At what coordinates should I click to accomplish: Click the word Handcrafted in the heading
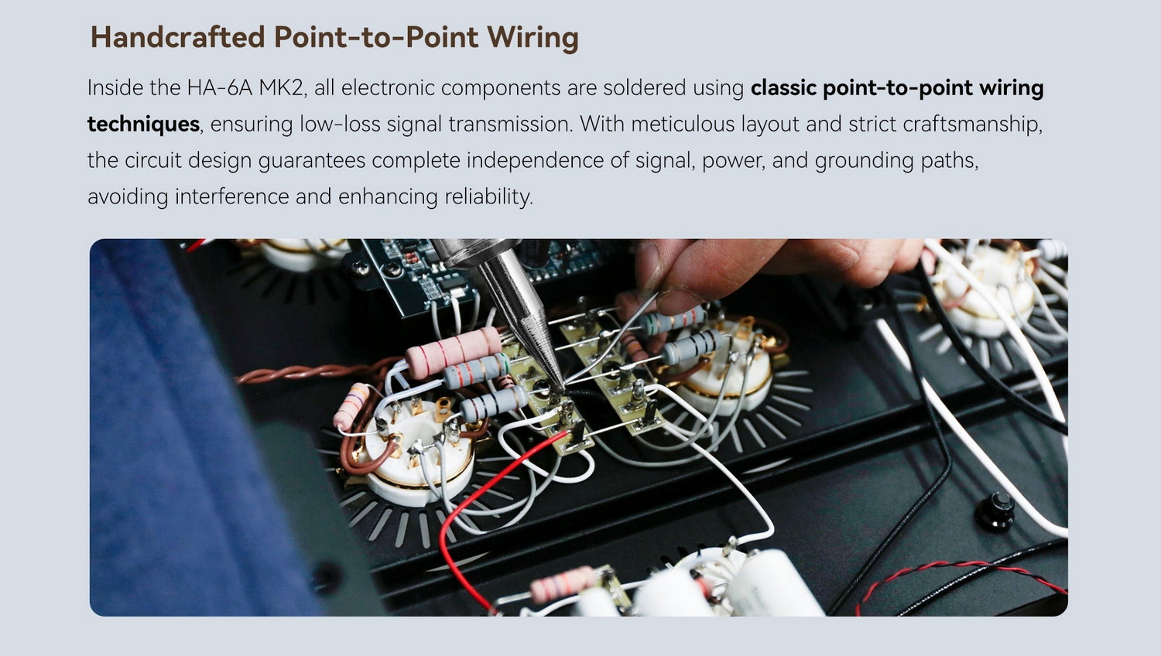point(178,37)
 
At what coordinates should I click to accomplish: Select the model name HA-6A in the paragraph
point(220,87)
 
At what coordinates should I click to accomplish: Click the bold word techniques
point(143,125)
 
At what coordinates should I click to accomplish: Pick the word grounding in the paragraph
point(864,161)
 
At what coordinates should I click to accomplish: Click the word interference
point(231,197)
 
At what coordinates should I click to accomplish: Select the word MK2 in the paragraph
point(280,87)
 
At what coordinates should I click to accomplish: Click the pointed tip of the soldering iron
point(563,390)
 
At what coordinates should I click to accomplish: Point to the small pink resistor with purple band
point(351,405)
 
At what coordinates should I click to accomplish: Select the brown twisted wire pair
point(311,373)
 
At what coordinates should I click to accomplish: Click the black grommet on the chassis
point(995,511)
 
